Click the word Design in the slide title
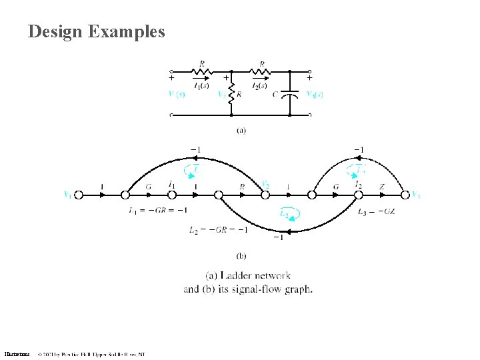(54, 31)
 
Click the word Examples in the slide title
(126, 31)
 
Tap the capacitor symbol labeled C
(289, 94)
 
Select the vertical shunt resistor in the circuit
(230, 95)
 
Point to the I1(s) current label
(201, 85)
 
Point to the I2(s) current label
(259, 85)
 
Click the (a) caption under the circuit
(241, 130)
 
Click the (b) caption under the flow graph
(241, 254)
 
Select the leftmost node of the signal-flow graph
(78, 195)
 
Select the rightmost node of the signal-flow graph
(405, 195)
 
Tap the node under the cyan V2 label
(265, 195)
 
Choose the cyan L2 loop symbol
(287, 214)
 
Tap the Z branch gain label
(382, 187)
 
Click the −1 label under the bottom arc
(278, 237)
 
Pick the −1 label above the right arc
(359, 149)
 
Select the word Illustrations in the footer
(17, 353)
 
